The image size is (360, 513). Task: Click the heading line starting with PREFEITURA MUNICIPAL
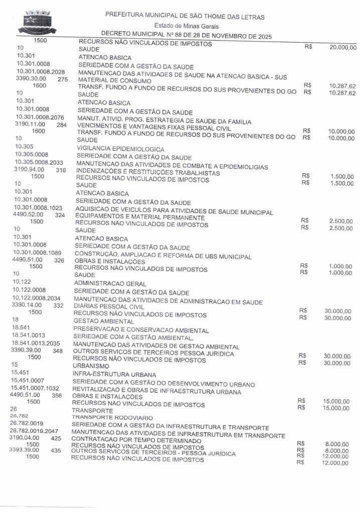click(x=185, y=17)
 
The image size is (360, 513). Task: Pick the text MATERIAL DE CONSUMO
click(x=115, y=80)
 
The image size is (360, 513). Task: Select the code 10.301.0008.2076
click(x=40, y=117)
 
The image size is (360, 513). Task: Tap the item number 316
click(x=61, y=170)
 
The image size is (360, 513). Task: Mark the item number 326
click(x=59, y=261)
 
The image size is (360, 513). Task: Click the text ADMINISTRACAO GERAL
click(x=110, y=284)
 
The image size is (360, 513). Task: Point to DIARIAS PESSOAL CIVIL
click(x=109, y=306)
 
